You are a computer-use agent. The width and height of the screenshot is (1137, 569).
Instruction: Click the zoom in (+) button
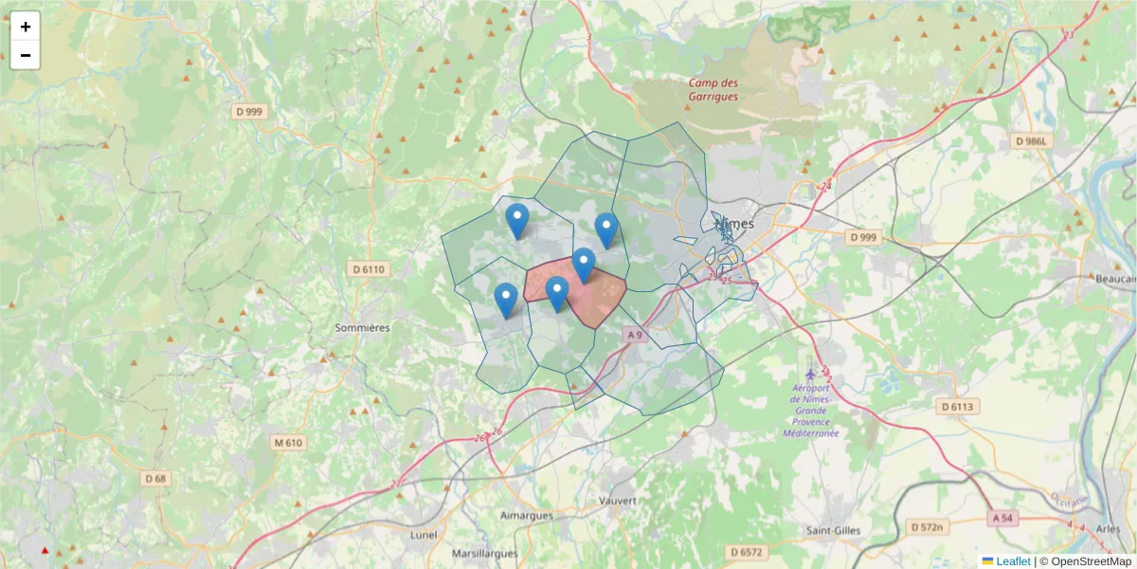pyautogui.click(x=26, y=27)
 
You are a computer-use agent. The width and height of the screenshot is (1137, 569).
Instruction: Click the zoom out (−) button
pyautogui.click(x=26, y=55)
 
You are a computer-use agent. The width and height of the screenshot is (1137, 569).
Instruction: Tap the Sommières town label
pyautogui.click(x=362, y=327)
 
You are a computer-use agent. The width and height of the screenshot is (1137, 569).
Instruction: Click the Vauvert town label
pyautogui.click(x=617, y=500)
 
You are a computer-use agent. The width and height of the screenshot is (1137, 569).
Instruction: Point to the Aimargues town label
pyautogui.click(x=526, y=515)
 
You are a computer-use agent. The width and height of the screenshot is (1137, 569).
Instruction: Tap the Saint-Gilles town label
pyautogui.click(x=833, y=530)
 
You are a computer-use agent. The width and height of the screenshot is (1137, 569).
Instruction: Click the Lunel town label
pyautogui.click(x=424, y=534)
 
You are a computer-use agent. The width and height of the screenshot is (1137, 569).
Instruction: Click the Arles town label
pyautogui.click(x=1108, y=528)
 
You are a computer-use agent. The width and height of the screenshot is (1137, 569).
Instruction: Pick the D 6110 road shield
pyautogui.click(x=369, y=269)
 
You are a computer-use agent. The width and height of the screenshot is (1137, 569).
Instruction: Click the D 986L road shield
pyautogui.click(x=1032, y=141)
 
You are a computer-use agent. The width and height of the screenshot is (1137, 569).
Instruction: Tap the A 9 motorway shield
pyautogui.click(x=634, y=335)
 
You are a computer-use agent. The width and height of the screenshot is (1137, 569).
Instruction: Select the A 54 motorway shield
pyautogui.click(x=1004, y=518)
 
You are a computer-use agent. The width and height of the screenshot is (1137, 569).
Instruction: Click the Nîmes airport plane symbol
pyautogui.click(x=809, y=372)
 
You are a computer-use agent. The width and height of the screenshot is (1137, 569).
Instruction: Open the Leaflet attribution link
pyautogui.click(x=1012, y=561)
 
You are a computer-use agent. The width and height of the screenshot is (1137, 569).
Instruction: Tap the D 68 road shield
pyautogui.click(x=155, y=479)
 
